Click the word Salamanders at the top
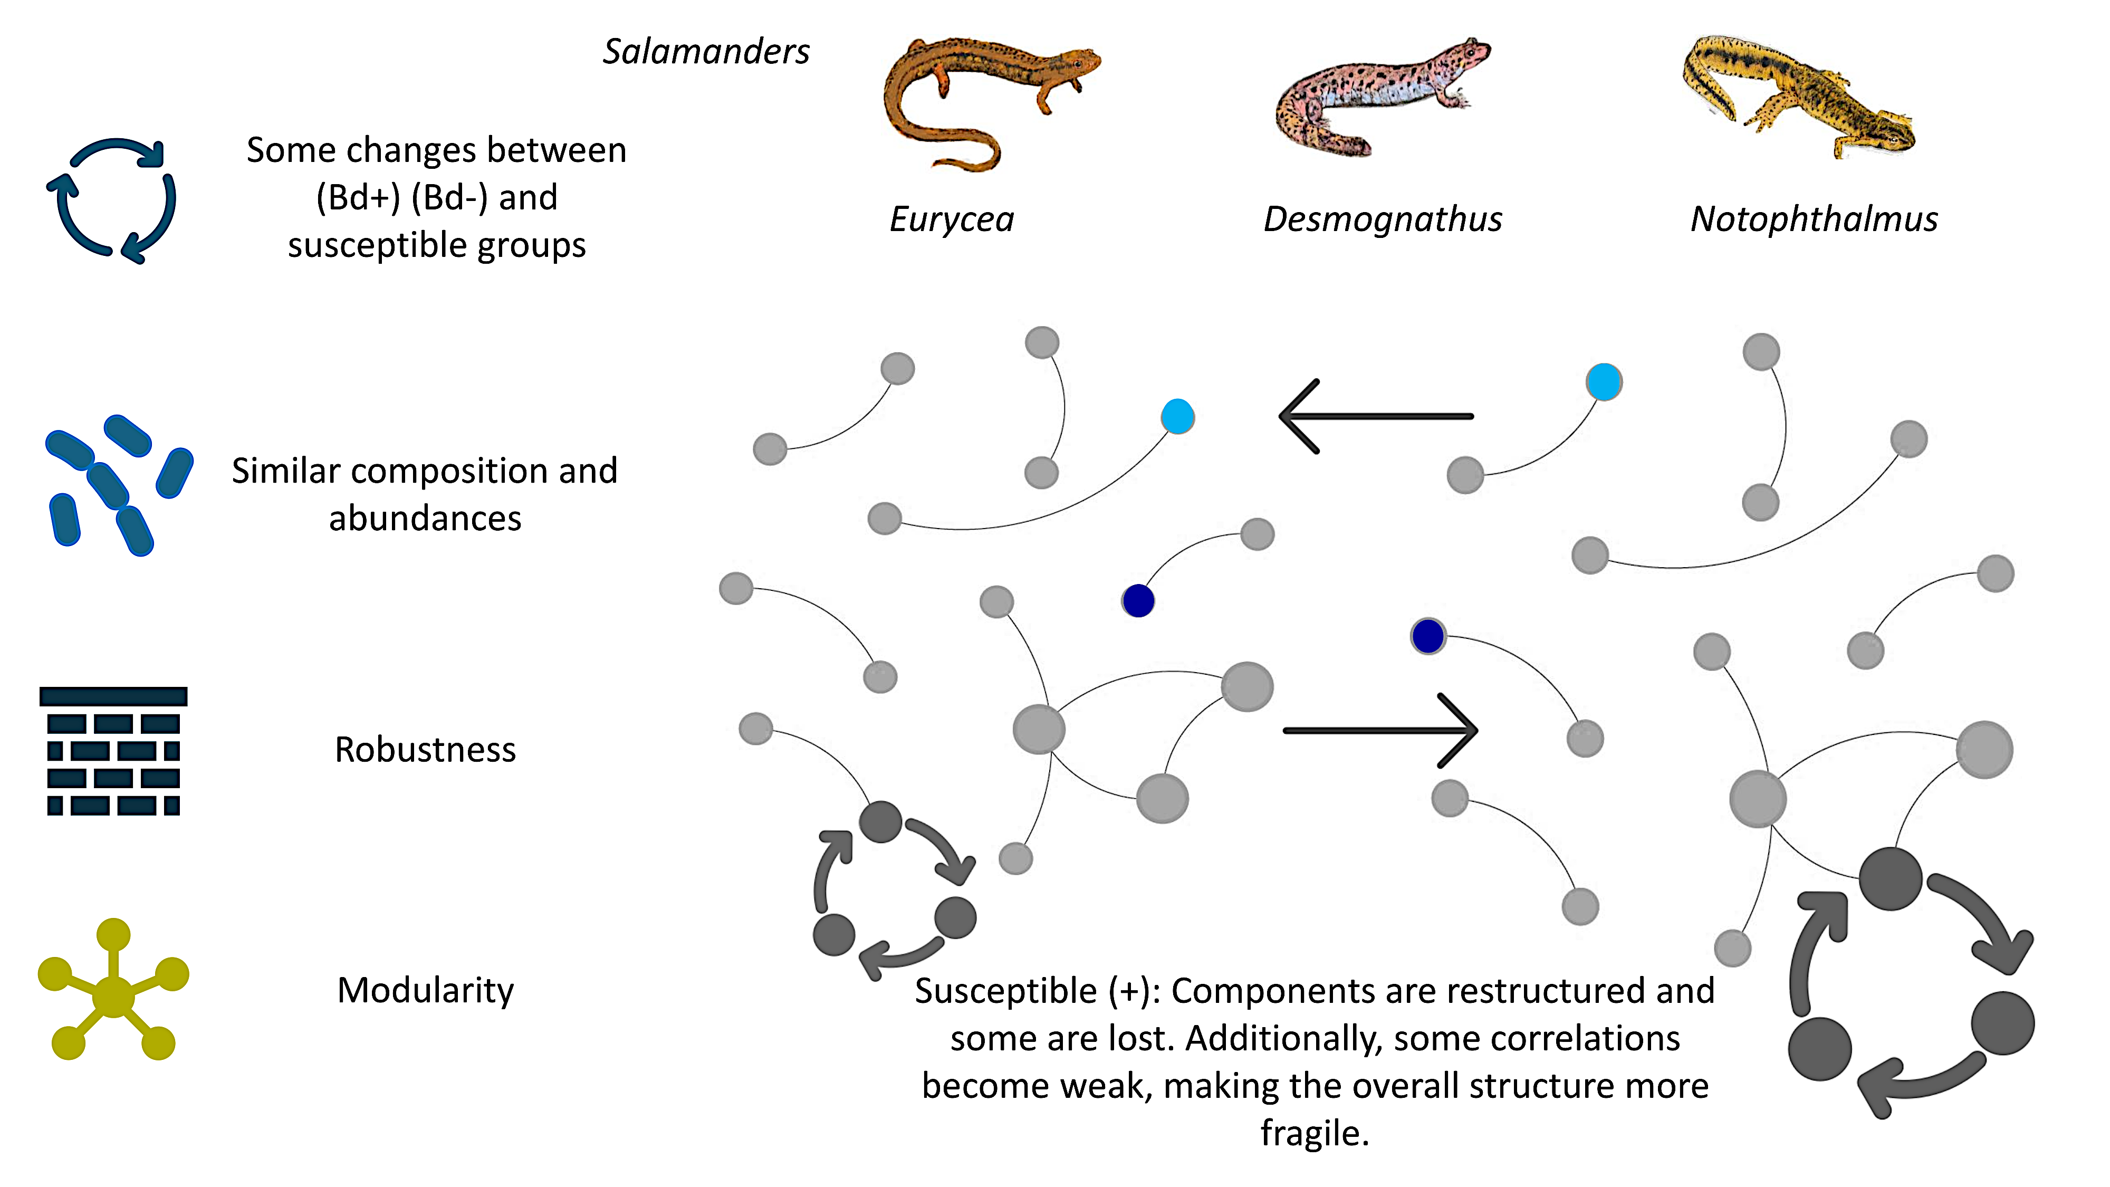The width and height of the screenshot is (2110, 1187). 706,52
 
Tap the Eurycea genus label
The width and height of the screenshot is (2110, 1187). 952,219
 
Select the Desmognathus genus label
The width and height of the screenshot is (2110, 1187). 1383,219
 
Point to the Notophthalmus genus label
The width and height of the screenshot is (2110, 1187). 1814,219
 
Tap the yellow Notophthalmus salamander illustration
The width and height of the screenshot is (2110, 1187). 1794,94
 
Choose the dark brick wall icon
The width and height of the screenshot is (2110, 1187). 113,750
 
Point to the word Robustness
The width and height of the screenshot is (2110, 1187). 425,750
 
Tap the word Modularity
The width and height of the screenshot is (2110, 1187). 425,990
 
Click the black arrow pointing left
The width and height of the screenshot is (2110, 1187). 1376,416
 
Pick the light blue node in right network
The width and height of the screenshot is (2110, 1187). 1604,382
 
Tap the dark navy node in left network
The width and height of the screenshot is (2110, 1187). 1138,600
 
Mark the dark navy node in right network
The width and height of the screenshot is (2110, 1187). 1428,636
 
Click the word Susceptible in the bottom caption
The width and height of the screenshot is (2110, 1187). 1006,991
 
